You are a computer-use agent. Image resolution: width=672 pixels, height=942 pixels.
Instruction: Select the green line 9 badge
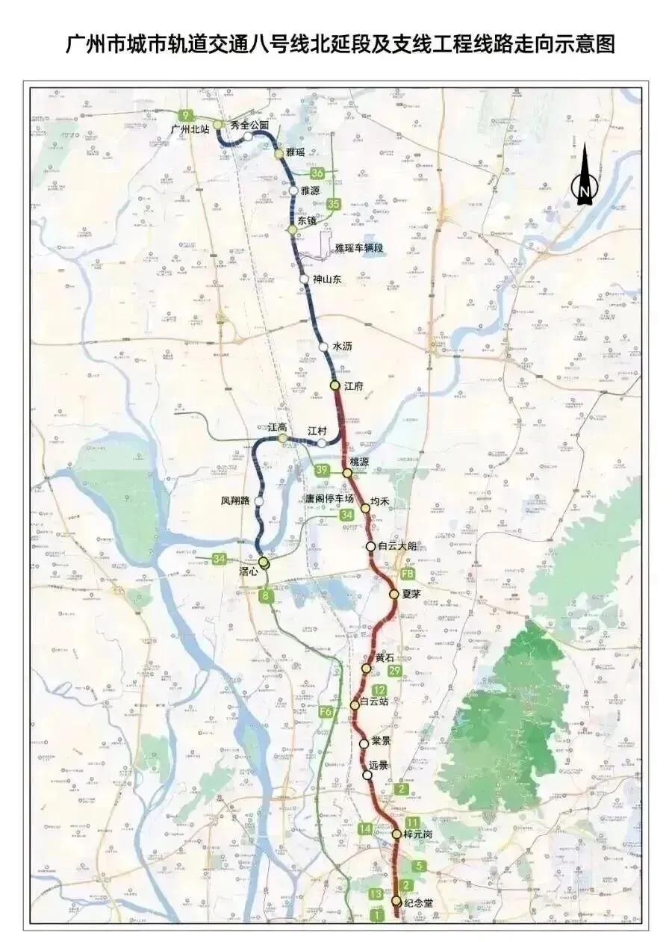tap(184, 115)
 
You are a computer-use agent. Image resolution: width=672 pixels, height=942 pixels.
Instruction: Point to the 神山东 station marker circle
tap(304, 279)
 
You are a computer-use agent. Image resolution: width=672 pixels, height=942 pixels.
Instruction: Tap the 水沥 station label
tap(342, 347)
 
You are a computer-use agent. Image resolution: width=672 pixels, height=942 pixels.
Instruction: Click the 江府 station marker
tap(335, 385)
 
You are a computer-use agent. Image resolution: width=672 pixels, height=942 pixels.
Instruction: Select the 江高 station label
tap(278, 427)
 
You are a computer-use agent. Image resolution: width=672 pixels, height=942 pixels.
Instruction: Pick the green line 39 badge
tap(322, 470)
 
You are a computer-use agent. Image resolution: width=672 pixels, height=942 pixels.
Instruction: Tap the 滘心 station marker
tap(264, 561)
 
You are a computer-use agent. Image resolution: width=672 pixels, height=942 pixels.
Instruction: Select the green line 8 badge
tap(266, 595)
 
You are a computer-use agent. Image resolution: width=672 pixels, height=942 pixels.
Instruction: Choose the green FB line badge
tap(408, 574)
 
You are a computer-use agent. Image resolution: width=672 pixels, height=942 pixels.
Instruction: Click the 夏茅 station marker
tap(394, 594)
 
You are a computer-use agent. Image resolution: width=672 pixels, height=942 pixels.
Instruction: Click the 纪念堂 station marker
tap(396, 901)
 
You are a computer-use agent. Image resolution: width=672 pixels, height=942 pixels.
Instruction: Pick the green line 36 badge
tap(318, 173)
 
